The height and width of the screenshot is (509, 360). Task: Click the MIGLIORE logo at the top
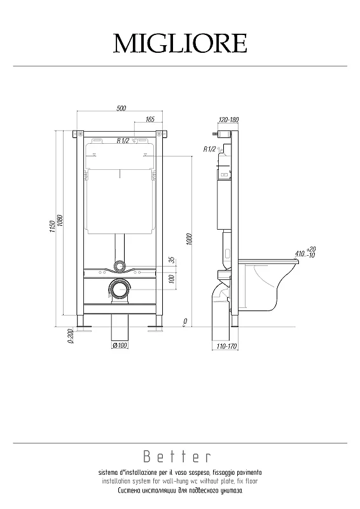tap(180, 43)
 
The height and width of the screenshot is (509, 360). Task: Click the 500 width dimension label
tap(121, 108)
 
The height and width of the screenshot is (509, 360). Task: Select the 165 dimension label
tap(150, 120)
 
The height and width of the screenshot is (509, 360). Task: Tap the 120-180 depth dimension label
tap(229, 120)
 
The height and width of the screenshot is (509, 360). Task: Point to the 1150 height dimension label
tap(53, 227)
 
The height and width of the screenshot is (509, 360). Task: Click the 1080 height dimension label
tap(60, 221)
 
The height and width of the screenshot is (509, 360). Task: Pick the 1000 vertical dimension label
tap(190, 239)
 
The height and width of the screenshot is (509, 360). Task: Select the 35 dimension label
tap(172, 260)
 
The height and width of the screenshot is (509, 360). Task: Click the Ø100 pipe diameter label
tap(120, 345)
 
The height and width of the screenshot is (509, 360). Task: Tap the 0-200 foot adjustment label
tap(70, 337)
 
